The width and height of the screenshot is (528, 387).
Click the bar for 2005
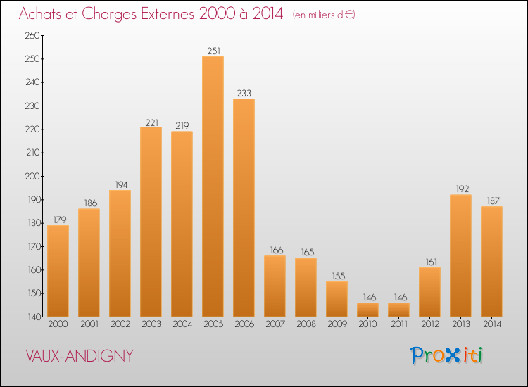(x=213, y=186)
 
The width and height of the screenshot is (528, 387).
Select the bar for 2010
(x=367, y=310)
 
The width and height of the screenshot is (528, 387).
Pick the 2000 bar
(x=58, y=271)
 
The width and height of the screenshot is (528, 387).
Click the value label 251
(x=213, y=51)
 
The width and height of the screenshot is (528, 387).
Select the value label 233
(x=244, y=93)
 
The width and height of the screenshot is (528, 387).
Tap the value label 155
(x=337, y=276)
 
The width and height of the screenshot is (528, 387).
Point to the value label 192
(x=460, y=189)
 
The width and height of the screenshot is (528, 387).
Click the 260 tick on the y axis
(x=32, y=35)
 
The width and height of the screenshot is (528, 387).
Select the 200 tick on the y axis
(x=32, y=176)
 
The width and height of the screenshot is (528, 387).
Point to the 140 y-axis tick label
(x=32, y=317)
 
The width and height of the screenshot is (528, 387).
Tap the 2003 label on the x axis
(x=151, y=324)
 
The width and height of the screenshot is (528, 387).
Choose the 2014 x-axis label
(x=491, y=324)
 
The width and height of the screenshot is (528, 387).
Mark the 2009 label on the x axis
(x=337, y=324)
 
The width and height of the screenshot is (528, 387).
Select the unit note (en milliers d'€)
(x=324, y=15)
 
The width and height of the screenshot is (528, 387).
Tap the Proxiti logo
(x=446, y=355)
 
